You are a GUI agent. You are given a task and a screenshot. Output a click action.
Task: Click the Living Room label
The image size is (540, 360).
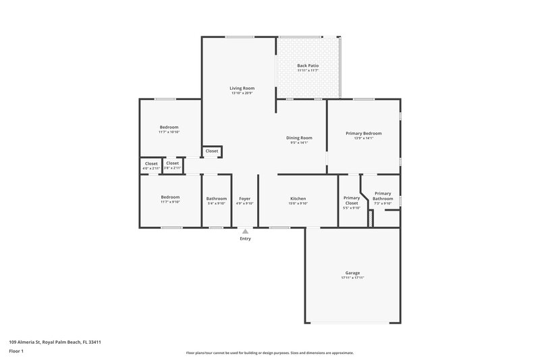tap(242, 88)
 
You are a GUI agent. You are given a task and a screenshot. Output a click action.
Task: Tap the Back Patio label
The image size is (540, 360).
tap(308, 66)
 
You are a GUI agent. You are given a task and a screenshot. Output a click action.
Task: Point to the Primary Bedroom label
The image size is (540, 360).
tap(364, 133)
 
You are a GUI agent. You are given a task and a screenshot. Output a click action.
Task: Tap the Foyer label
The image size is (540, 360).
tap(244, 198)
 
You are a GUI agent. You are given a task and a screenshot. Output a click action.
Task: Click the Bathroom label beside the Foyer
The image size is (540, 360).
tap(217, 198)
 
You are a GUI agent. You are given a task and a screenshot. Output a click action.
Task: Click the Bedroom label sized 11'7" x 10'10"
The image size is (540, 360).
tap(169, 127)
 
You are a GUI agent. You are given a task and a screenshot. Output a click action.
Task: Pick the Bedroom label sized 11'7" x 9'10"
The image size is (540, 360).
tap(170, 197)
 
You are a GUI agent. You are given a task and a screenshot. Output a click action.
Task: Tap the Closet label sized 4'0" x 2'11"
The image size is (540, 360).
tap(151, 163)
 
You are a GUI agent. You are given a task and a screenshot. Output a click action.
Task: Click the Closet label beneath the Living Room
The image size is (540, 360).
tap(212, 151)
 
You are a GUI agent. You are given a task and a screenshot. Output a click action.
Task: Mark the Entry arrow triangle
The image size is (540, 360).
tap(245, 231)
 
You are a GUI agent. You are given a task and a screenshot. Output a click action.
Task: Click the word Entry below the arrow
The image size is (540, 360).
tap(245, 239)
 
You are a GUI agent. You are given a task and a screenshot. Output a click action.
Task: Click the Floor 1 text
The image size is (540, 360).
tap(17, 352)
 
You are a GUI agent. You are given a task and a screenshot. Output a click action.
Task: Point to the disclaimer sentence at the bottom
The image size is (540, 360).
tap(269, 353)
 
